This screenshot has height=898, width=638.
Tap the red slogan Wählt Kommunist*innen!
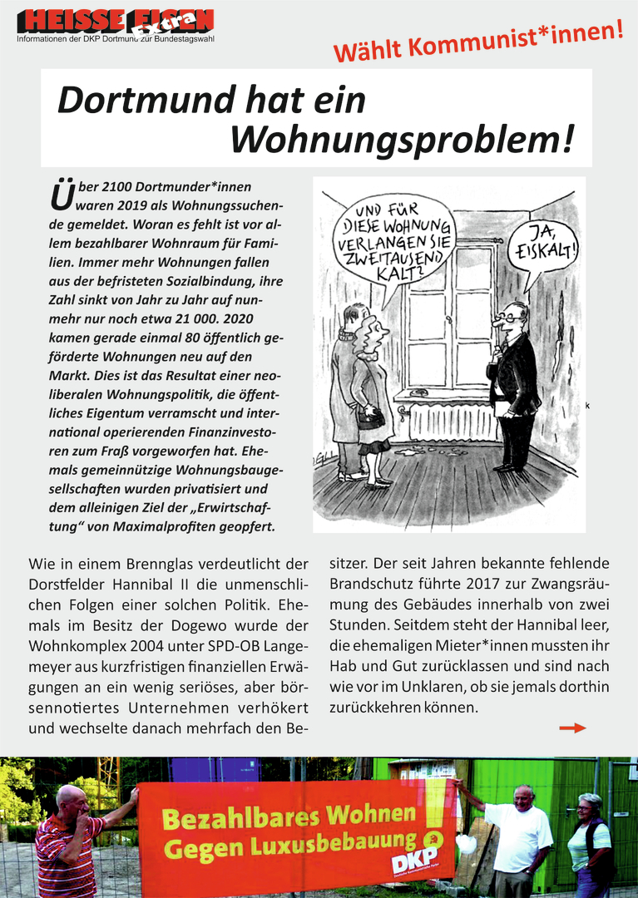click(478, 42)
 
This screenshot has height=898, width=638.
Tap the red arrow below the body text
click(572, 728)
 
